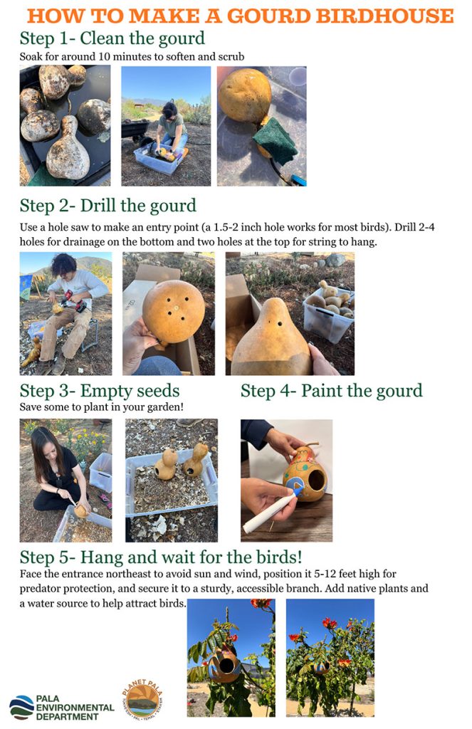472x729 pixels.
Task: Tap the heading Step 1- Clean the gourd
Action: (x=112, y=38)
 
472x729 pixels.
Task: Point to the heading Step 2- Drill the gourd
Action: (x=107, y=206)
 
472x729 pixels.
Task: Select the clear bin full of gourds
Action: (x=328, y=310)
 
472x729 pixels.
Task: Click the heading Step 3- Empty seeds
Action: (x=99, y=391)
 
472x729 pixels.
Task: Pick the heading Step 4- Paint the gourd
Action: (x=331, y=391)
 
